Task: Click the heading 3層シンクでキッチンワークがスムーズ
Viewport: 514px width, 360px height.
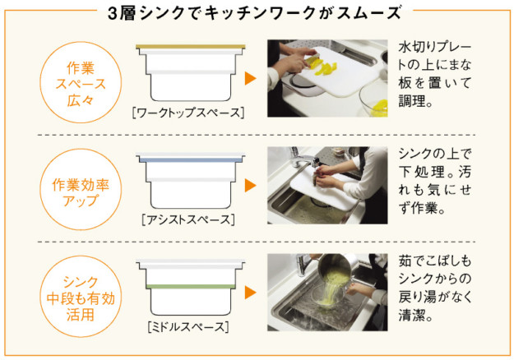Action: [x=254, y=13]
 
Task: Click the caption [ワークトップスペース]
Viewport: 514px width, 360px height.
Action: [x=188, y=113]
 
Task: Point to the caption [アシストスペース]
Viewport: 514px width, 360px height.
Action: [x=188, y=219]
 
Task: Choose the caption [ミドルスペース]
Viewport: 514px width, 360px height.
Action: [x=188, y=327]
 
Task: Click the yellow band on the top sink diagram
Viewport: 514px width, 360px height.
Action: [x=191, y=47]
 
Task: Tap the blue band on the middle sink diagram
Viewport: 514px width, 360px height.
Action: [x=191, y=160]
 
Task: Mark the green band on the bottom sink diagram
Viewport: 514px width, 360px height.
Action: [x=191, y=287]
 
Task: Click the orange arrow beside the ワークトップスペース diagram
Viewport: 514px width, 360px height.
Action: [x=251, y=79]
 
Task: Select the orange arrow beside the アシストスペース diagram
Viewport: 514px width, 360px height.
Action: [x=251, y=186]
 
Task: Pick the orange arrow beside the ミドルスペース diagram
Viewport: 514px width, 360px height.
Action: [x=251, y=293]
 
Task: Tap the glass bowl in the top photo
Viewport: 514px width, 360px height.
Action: [x=373, y=99]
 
